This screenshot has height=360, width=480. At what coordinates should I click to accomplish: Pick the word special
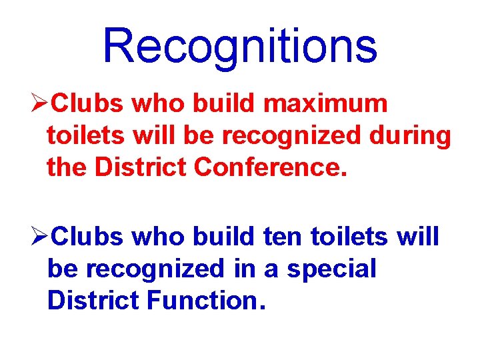(x=331, y=269)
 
